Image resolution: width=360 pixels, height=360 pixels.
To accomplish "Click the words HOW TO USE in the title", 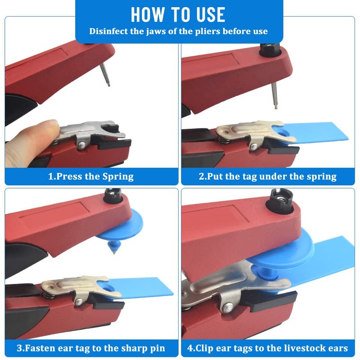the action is (x=178, y=15).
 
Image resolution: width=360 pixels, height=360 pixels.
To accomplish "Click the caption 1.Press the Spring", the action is (x=91, y=176).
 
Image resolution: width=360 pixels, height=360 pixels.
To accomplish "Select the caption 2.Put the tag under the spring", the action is (x=268, y=176).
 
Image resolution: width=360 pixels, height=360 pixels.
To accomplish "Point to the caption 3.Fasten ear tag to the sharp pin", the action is (x=91, y=348).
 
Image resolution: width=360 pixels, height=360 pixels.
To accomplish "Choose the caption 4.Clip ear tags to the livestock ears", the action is (x=268, y=348).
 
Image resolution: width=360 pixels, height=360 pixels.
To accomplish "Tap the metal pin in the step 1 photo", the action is (x=105, y=75).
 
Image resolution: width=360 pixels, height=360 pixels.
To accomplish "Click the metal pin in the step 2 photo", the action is (x=274, y=96).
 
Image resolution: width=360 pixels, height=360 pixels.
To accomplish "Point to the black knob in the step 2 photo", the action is (x=270, y=49).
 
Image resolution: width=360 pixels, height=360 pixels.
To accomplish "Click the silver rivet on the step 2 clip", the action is (x=254, y=147).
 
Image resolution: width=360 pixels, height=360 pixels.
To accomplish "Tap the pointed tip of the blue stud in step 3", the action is (x=114, y=253).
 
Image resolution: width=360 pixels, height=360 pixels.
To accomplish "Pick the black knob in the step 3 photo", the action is (x=112, y=196).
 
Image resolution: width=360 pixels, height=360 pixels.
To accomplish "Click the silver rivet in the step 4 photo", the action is (x=228, y=307).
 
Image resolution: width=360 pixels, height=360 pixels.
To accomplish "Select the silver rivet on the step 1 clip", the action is (x=81, y=145).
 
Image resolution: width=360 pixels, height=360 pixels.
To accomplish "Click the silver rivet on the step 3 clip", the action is (x=79, y=302).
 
